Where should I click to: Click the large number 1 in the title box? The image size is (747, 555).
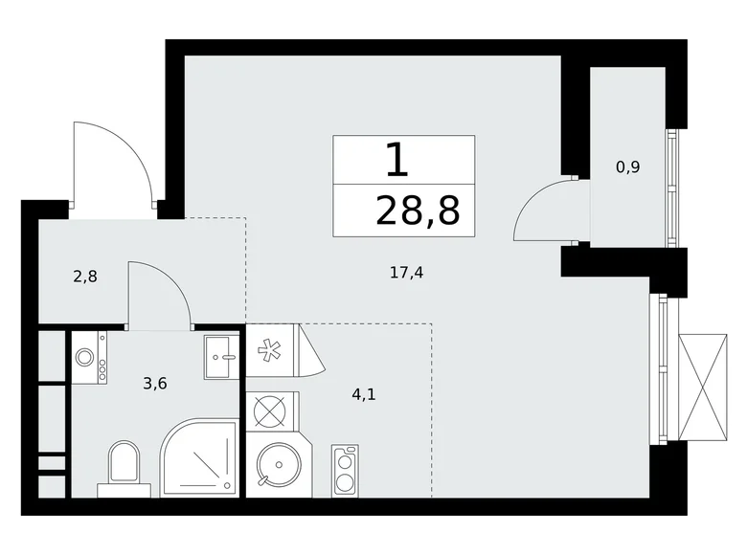pos(397,160)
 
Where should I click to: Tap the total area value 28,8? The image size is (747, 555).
pos(418,211)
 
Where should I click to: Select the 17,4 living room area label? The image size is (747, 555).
pos(406,273)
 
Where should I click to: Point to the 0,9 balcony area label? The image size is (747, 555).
pos(627,166)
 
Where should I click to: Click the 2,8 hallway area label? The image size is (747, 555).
pos(86,278)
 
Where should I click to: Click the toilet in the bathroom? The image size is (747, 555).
pos(124,466)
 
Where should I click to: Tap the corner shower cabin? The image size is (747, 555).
pos(198,457)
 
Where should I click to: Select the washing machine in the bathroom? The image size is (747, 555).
pos(87,357)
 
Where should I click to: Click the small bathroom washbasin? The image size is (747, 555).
pos(220,357)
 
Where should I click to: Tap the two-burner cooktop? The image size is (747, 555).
pos(345,470)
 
